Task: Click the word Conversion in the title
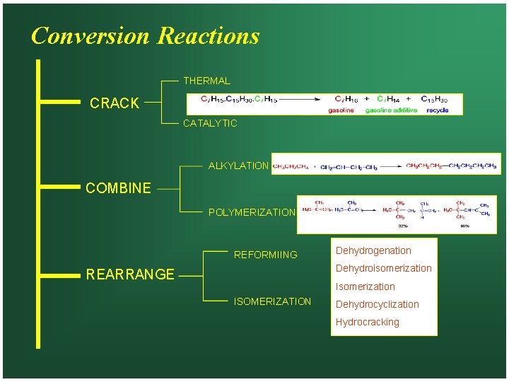90,35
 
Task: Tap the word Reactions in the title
209,35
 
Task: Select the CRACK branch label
115,103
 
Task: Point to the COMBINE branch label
118,188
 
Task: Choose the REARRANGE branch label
129,274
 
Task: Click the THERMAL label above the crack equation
206,81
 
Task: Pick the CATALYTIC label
210,123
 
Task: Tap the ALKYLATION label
238,166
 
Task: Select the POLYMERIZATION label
252,212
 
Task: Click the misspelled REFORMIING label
266,255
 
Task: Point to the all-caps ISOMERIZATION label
272,301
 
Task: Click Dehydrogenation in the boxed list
373,250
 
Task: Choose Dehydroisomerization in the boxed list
383,268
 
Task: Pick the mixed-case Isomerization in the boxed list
365,286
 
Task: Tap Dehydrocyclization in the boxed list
377,304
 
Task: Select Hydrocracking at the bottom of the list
367,322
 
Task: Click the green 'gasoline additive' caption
391,110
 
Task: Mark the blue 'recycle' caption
438,110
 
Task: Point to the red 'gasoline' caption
341,110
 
